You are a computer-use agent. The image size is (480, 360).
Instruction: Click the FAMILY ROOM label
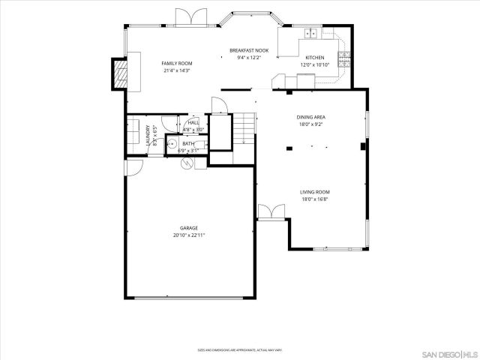(178, 63)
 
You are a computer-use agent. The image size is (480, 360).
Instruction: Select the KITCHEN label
(314, 58)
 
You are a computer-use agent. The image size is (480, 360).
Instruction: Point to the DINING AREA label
(311, 117)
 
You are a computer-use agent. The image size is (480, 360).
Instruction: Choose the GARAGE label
(188, 227)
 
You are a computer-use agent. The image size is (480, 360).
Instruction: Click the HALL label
(193, 122)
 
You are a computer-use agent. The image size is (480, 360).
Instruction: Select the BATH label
(187, 143)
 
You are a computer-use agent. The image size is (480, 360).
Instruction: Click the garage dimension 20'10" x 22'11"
(188, 235)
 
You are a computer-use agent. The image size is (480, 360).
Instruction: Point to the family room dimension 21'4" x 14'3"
(177, 70)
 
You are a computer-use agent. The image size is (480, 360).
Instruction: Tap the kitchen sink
(311, 34)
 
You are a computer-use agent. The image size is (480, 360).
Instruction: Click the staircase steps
(245, 130)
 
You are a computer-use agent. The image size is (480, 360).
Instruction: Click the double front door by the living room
(270, 211)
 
